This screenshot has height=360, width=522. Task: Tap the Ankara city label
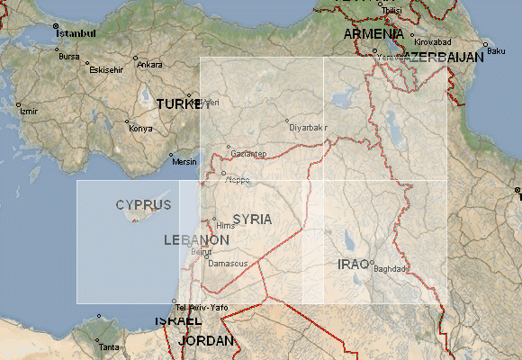(149, 65)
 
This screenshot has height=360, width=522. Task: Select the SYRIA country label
(252, 219)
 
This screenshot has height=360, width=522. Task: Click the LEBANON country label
(196, 240)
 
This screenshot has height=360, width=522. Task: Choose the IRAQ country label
(353, 264)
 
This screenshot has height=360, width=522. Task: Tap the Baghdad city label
(391, 268)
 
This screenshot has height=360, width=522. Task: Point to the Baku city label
(496, 50)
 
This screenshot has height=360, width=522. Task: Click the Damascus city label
(228, 264)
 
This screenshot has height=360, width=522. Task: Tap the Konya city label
(141, 128)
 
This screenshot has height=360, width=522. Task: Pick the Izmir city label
(29, 112)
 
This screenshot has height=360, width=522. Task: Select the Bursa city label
(69, 56)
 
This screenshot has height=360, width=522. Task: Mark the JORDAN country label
(206, 341)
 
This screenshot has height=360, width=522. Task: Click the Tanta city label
(108, 346)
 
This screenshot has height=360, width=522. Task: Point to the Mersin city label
(184, 162)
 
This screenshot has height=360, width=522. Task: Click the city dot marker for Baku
(485, 44)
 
